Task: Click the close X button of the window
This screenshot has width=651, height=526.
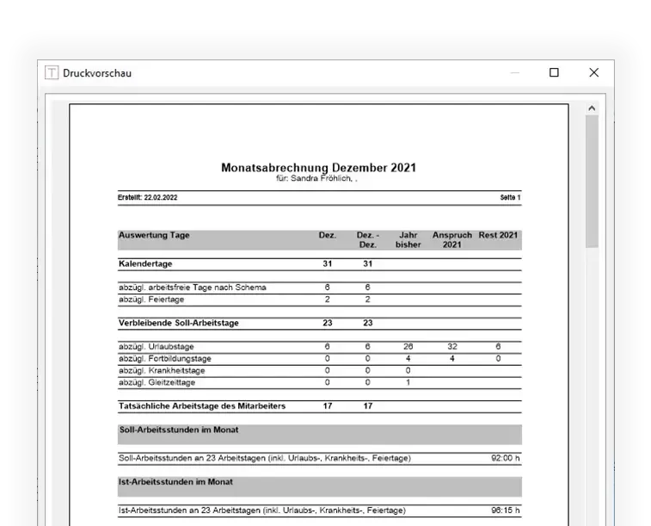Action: (593, 73)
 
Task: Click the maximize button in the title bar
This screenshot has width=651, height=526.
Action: (554, 73)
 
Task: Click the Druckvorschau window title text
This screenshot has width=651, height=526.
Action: (97, 73)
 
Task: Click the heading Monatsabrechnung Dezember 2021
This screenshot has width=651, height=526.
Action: (318, 168)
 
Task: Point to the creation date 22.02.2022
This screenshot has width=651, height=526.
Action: (161, 198)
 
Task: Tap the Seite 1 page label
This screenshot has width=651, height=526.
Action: (510, 198)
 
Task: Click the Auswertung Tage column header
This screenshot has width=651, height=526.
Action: (154, 235)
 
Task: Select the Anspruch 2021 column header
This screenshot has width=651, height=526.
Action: (451, 239)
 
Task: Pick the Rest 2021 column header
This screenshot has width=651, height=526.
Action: (499, 235)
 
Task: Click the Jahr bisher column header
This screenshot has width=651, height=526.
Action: (408, 239)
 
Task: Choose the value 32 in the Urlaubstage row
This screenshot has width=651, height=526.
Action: (451, 347)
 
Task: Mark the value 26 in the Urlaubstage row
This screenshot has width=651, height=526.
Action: (408, 347)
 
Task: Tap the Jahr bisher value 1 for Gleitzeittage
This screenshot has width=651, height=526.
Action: (408, 382)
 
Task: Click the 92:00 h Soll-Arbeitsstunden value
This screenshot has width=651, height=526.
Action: (505, 459)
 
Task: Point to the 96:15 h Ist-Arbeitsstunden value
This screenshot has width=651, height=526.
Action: (505, 511)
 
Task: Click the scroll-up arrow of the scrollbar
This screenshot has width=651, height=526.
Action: (592, 108)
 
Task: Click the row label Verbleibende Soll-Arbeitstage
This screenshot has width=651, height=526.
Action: (178, 323)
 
